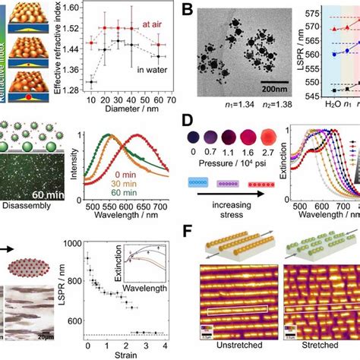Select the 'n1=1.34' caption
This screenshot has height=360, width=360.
point(216,98)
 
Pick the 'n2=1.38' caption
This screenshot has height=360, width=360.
point(262,98)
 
